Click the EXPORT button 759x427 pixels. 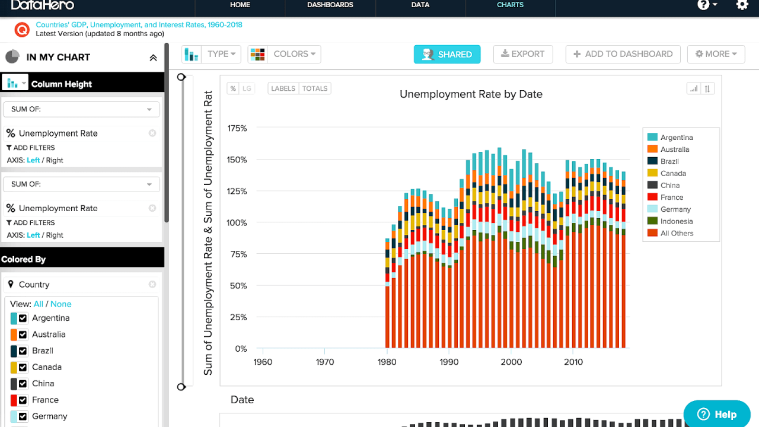click(523, 54)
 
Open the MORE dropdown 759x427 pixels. click(716, 54)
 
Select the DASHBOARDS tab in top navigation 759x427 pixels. click(330, 5)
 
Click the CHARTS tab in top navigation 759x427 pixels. click(510, 5)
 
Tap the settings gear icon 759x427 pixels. click(742, 5)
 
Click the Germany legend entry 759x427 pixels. click(675, 209)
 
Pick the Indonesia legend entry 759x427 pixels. click(676, 221)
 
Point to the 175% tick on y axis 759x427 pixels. click(237, 128)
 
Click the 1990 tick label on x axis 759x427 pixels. click(449, 362)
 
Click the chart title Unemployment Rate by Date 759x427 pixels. click(471, 94)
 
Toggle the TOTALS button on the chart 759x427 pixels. click(315, 88)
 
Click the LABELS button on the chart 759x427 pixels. click(283, 88)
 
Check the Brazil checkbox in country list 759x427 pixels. click(23, 351)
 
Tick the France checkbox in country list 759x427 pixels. click(23, 400)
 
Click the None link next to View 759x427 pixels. click(60, 304)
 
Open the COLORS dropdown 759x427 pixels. click(284, 54)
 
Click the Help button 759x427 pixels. click(716, 414)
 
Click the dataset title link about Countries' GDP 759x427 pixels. click(139, 25)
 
